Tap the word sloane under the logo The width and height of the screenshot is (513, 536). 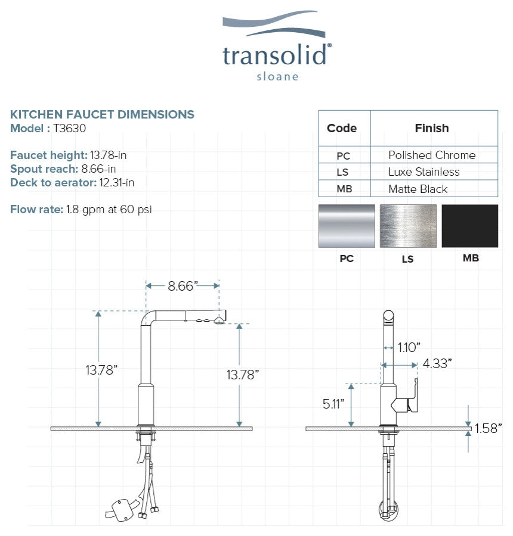coord(277,77)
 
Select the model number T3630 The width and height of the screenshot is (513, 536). coord(69,128)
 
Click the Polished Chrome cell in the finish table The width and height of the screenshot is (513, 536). coord(432,155)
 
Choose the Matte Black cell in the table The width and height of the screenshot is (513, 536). coord(418,189)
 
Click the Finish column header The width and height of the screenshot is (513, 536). coord(432,128)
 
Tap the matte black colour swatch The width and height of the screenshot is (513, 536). coord(470,226)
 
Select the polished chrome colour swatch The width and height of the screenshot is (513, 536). coord(347,226)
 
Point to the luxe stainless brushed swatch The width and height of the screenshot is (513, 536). coord(408,226)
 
